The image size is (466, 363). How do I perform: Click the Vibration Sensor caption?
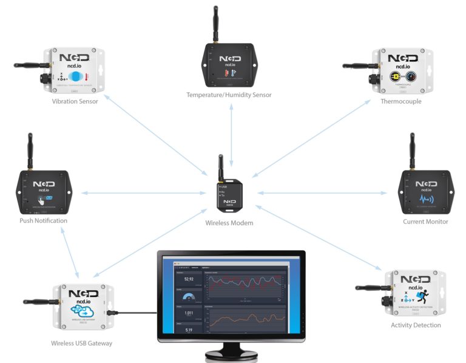click(75, 101)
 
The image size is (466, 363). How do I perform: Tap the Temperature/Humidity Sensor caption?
click(229, 95)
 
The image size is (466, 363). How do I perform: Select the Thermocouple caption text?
click(400, 101)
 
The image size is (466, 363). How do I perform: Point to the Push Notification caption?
click(43, 220)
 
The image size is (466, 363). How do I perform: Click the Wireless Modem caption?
click(229, 223)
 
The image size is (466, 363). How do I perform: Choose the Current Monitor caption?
click(425, 222)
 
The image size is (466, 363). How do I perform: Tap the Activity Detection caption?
click(416, 325)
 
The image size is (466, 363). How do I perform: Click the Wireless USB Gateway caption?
click(81, 343)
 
